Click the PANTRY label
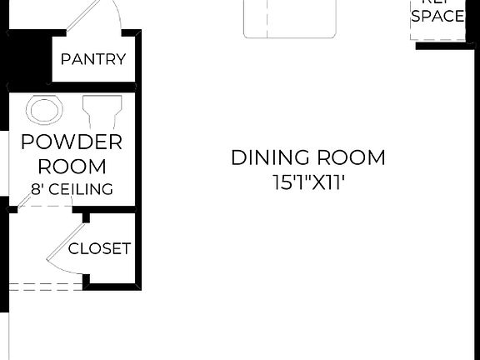pos(93,59)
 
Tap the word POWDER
pos(72,142)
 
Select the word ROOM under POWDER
pos(72,166)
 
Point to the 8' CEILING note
pos(72,189)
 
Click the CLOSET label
pos(99,248)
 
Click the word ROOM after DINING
pos(351,157)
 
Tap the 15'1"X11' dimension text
pos(308,182)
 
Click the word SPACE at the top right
pos(437,16)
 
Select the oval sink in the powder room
pos(45,111)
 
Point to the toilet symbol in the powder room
pos(102,110)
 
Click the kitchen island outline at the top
pos(289,21)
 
